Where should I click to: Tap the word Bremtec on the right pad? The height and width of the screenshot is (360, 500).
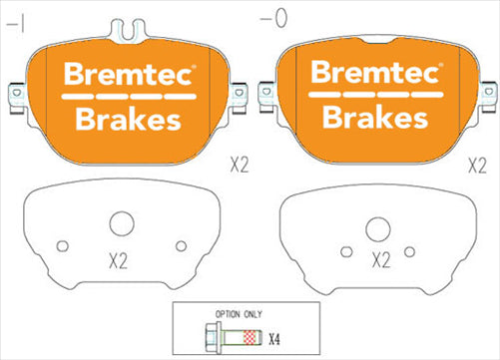point(372,74)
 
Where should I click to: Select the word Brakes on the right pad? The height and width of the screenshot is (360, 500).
point(372,118)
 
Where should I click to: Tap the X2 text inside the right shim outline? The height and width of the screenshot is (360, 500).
point(380,262)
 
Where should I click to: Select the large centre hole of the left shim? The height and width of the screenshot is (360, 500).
point(122,225)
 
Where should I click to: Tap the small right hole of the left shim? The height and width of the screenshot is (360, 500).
point(181,245)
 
